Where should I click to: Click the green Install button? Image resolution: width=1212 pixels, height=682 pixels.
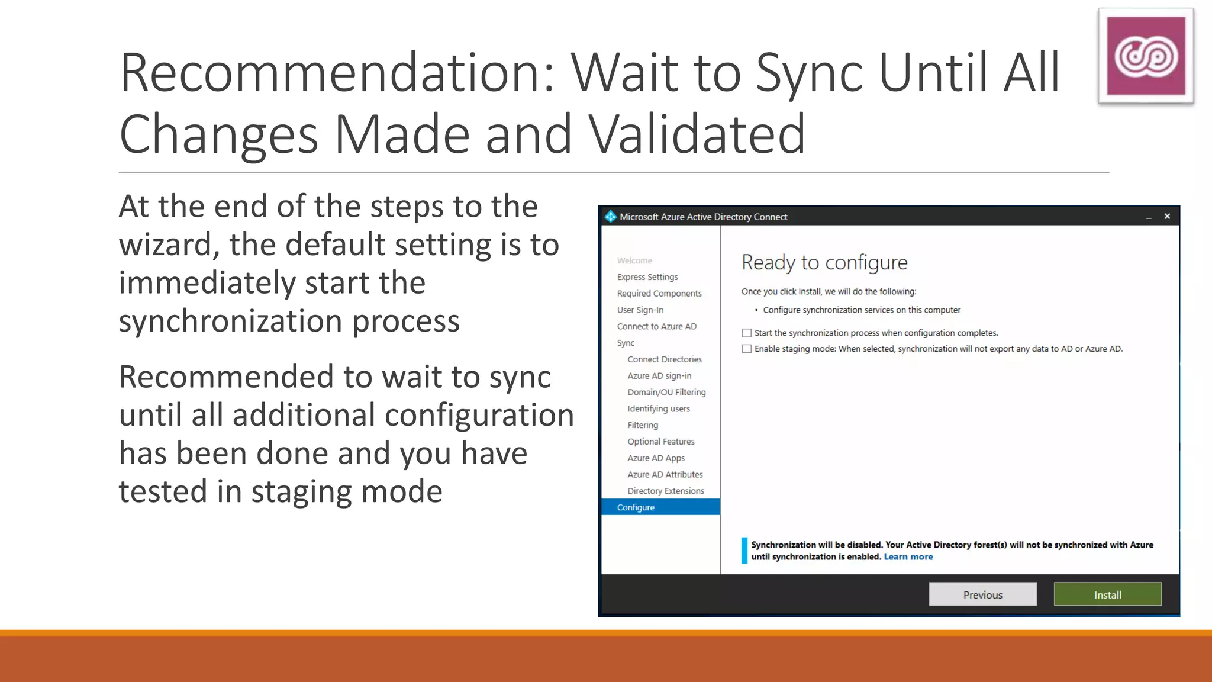[1107, 594]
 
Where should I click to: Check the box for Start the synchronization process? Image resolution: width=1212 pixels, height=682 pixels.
[747, 333]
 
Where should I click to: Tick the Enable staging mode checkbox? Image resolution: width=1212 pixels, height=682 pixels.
[747, 349]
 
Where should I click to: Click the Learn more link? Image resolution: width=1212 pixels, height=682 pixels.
[908, 557]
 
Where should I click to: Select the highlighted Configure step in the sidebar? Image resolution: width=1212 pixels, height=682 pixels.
[636, 507]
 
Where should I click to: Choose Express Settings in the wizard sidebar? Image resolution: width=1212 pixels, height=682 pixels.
[647, 277]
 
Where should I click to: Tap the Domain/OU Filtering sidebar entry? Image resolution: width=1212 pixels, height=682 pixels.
[666, 393]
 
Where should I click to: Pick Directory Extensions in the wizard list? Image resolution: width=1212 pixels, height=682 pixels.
[666, 491]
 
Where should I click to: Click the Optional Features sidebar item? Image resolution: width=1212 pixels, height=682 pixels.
[661, 442]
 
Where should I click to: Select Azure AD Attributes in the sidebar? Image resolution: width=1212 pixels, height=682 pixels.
[665, 475]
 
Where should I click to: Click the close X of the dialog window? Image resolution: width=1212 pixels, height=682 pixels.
[1167, 217]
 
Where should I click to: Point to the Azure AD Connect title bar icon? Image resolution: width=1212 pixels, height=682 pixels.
[610, 217]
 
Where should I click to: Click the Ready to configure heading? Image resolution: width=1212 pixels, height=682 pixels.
[824, 262]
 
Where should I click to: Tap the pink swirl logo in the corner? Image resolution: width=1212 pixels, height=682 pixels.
[1146, 56]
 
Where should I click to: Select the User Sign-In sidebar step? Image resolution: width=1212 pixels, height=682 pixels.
[640, 310]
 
